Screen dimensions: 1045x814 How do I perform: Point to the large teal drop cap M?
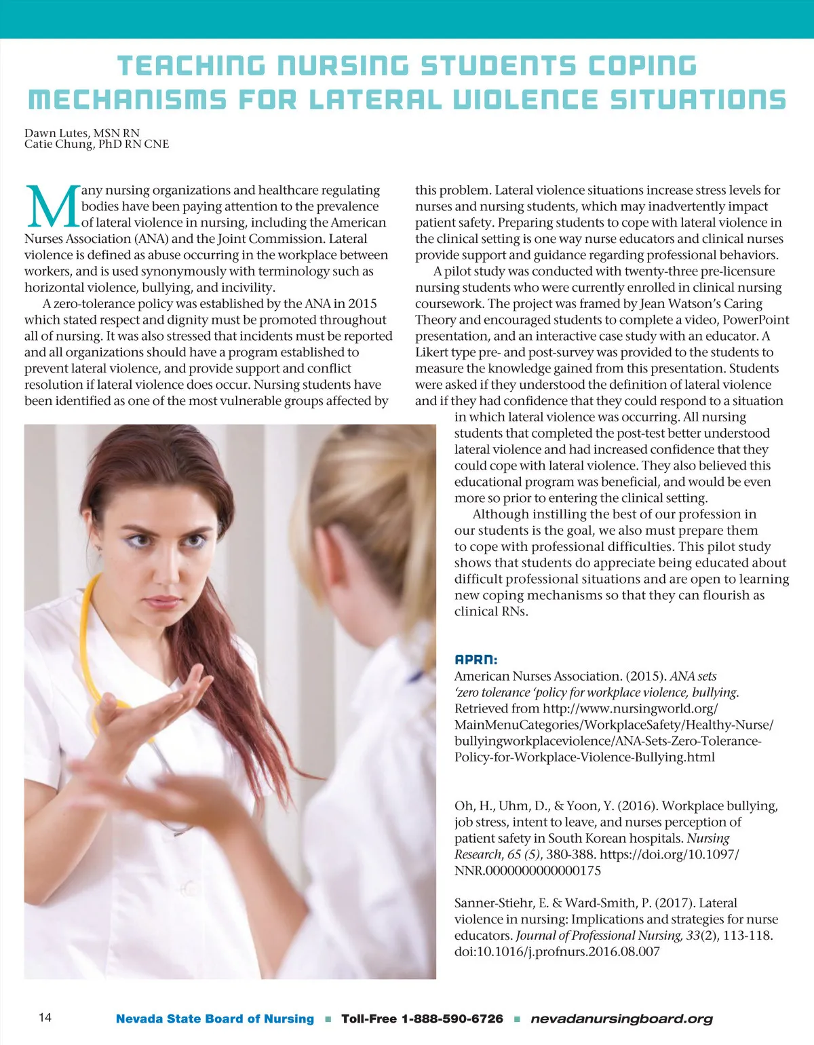click(52, 206)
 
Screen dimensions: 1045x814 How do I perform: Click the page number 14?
click(45, 1017)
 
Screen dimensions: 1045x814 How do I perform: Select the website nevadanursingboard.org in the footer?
click(621, 1019)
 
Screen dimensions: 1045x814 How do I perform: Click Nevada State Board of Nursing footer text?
click(215, 1019)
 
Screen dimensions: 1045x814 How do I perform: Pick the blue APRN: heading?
click(476, 659)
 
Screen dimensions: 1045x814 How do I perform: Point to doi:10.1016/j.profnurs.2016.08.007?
click(556, 951)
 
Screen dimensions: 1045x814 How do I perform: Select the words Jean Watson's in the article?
click(687, 303)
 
